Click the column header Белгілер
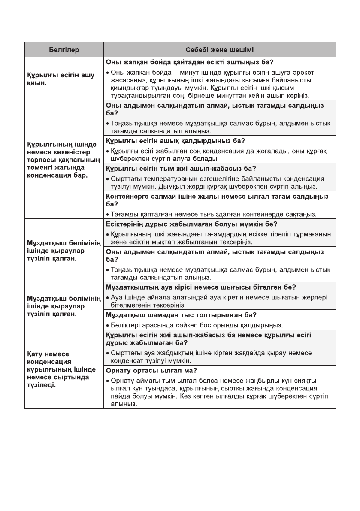[64, 50]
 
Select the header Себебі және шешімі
[219, 50]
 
